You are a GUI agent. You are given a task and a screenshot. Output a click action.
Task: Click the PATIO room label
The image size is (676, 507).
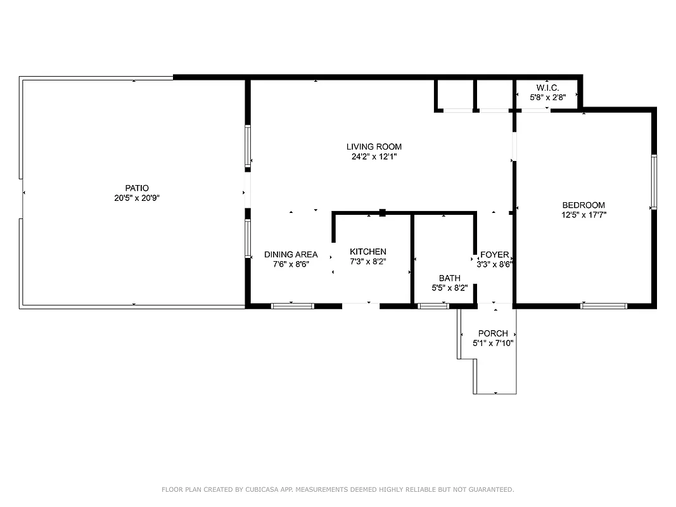[136, 188]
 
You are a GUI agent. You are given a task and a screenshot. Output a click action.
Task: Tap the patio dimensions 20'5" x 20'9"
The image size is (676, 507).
[136, 198]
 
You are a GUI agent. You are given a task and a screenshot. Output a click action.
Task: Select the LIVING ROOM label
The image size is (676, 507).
[374, 146]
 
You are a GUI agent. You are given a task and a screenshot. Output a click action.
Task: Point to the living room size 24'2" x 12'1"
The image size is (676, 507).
[374, 157]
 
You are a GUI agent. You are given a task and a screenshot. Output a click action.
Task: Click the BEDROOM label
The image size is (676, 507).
[584, 205]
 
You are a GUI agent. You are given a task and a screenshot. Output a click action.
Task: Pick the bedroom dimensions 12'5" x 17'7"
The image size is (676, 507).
[584, 215]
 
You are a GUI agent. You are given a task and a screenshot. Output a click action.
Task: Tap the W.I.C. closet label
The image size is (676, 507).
[547, 87]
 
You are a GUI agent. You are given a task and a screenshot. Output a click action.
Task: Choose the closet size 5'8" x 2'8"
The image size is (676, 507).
[547, 98]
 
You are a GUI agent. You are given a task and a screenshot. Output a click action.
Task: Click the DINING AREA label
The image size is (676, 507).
[291, 255]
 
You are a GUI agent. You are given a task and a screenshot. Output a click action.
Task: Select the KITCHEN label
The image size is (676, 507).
[368, 252]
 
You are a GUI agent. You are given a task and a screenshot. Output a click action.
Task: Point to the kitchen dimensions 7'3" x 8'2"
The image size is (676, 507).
[368, 261]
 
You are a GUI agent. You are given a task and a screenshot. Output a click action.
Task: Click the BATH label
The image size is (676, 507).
[450, 278]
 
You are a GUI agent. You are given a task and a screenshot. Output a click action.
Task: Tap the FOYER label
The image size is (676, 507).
[494, 255]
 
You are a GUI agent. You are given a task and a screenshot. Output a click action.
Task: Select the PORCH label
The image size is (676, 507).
[493, 333]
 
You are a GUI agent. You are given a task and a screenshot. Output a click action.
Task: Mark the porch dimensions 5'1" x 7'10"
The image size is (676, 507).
[493, 343]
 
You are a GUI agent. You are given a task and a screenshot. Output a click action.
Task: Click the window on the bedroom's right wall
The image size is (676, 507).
[654, 181]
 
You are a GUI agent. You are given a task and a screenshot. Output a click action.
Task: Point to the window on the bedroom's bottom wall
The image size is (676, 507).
[604, 306]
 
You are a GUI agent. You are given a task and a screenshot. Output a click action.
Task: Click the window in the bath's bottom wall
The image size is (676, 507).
[434, 306]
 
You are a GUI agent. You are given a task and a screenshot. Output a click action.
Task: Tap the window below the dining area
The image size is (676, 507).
[293, 306]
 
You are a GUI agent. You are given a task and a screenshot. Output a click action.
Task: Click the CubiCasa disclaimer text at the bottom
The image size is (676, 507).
[338, 489]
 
